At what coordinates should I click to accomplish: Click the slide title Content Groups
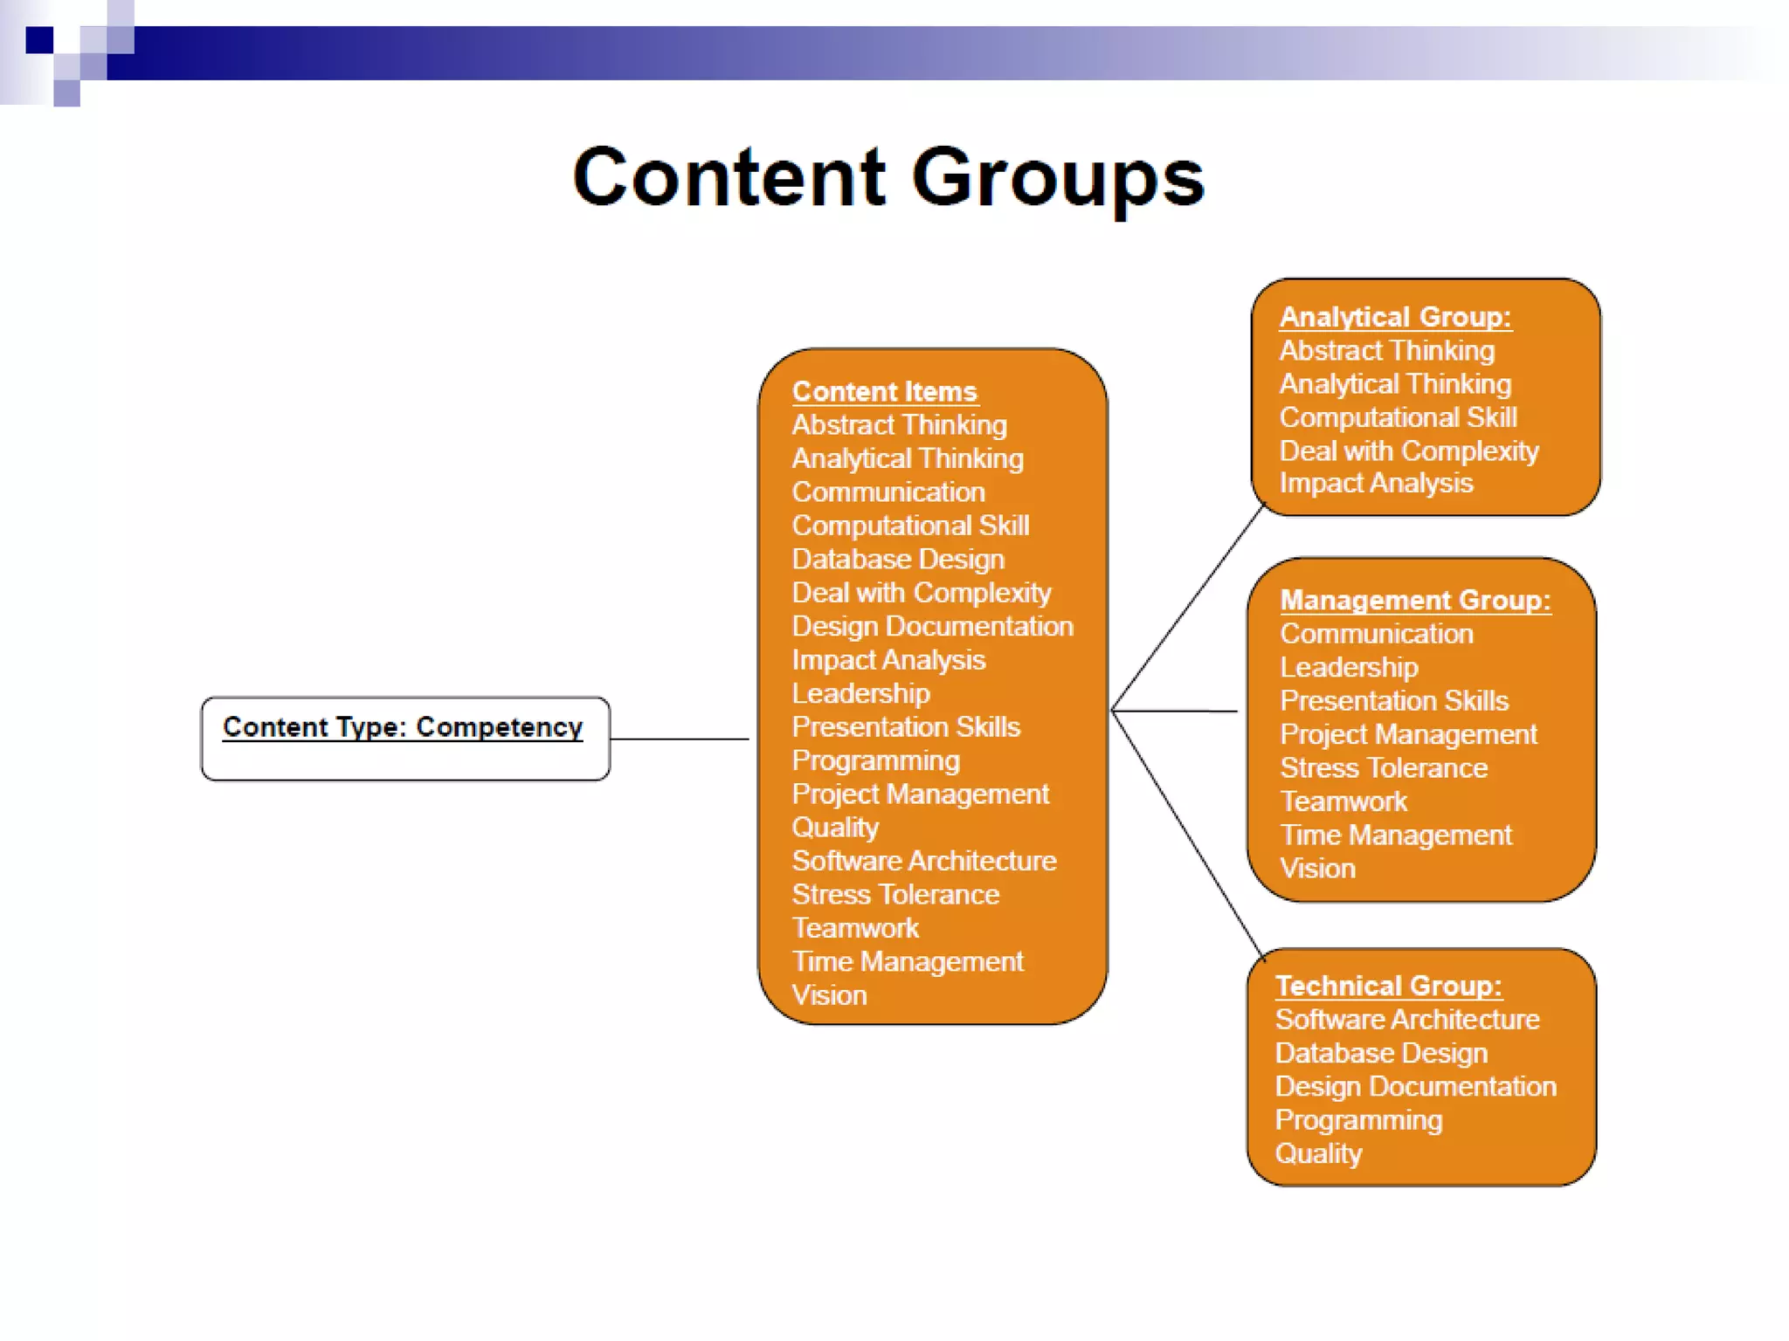pos(888,178)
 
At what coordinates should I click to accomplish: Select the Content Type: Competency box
pos(404,738)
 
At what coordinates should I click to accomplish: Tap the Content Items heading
pos(884,391)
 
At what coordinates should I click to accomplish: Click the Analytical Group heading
pos(1395,317)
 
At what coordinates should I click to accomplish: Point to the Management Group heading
pos(1415,601)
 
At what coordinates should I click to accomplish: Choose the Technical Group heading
pos(1388,986)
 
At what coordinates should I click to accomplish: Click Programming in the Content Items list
pos(875,760)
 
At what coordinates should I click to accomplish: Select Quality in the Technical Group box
pos(1318,1153)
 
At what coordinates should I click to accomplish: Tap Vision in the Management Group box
pos(1317,869)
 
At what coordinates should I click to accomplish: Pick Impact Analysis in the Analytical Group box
pos(1376,483)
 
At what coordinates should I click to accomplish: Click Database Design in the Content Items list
pos(898,559)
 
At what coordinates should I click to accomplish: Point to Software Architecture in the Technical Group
pos(1406,1019)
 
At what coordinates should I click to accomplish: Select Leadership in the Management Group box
pos(1349,668)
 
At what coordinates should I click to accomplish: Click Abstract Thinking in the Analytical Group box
pos(1386,351)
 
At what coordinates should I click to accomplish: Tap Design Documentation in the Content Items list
pos(932,626)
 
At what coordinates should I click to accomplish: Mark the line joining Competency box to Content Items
pos(679,739)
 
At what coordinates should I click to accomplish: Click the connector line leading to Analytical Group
pos(1188,607)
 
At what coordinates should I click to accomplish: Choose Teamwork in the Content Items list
pos(855,928)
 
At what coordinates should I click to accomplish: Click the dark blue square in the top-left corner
pos(39,40)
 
